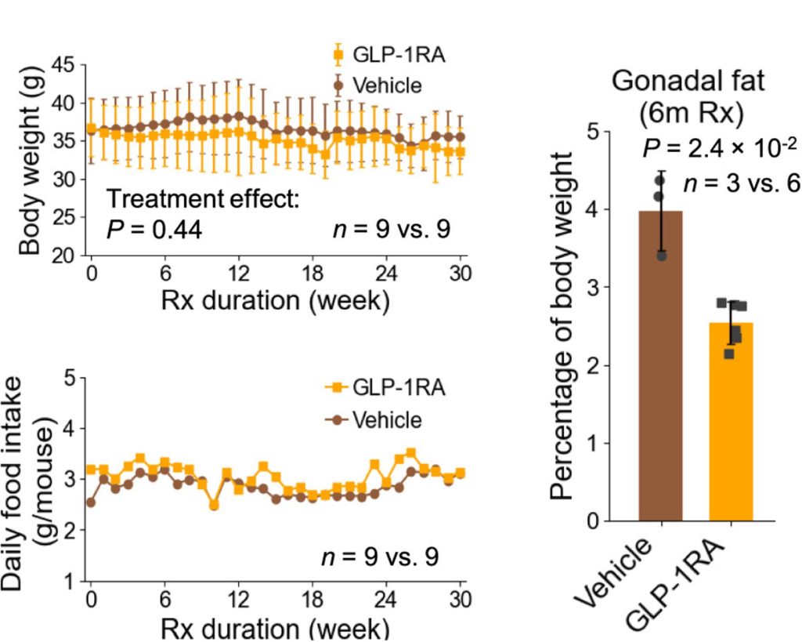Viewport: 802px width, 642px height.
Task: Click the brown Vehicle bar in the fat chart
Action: [x=659, y=376]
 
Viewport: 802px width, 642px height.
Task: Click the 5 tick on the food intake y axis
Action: [x=70, y=379]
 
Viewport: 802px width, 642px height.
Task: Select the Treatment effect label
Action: [x=203, y=201]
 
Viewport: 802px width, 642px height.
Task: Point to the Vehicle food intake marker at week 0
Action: [x=92, y=502]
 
